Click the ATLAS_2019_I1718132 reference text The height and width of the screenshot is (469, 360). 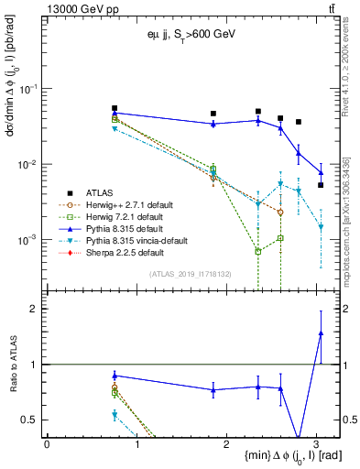click(191, 273)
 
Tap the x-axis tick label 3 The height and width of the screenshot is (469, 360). click(316, 442)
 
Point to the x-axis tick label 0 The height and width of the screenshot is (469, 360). click(47, 442)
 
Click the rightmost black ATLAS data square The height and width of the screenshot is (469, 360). click(321, 185)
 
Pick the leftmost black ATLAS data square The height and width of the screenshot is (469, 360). click(115, 108)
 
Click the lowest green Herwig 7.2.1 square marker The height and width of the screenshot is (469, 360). click(258, 251)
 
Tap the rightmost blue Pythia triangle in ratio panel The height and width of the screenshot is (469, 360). click(321, 333)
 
